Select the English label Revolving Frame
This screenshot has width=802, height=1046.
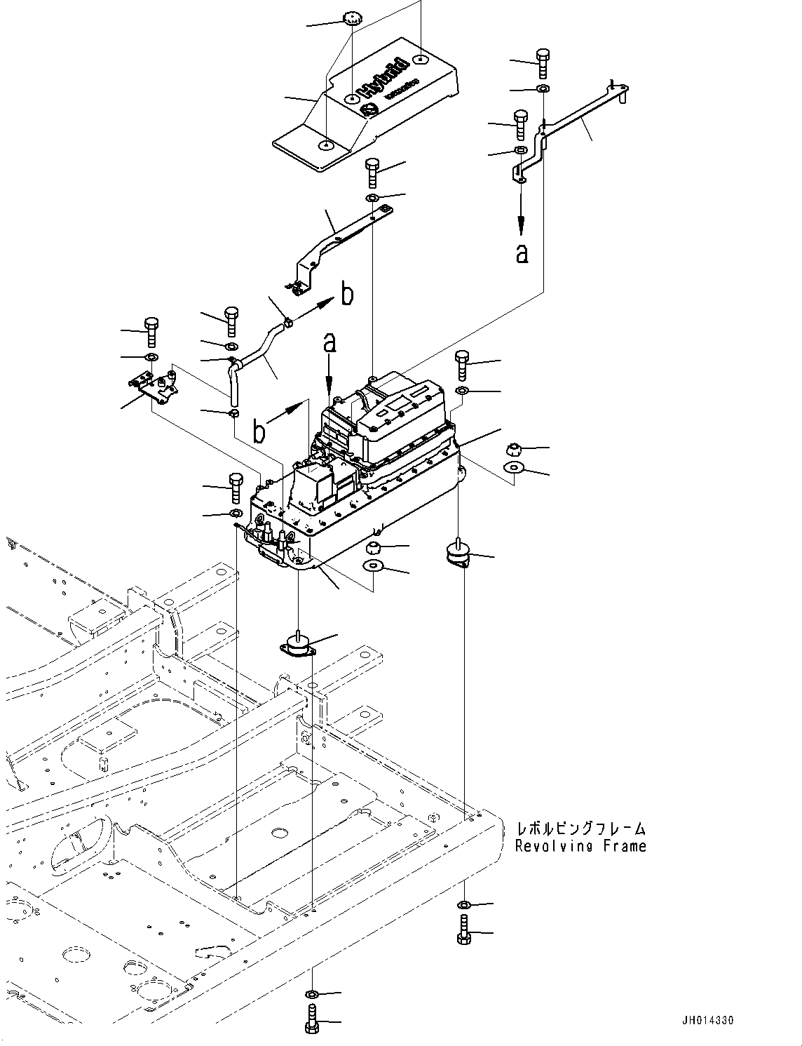pos(580,846)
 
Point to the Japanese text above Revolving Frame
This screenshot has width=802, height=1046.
pos(580,829)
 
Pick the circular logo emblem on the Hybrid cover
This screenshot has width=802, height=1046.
pos(367,110)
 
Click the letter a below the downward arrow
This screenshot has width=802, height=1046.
pos(522,253)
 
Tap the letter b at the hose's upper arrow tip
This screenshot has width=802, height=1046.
pos(347,295)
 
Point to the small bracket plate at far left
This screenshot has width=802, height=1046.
pos(154,387)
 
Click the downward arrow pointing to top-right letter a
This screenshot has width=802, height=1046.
pos(521,214)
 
